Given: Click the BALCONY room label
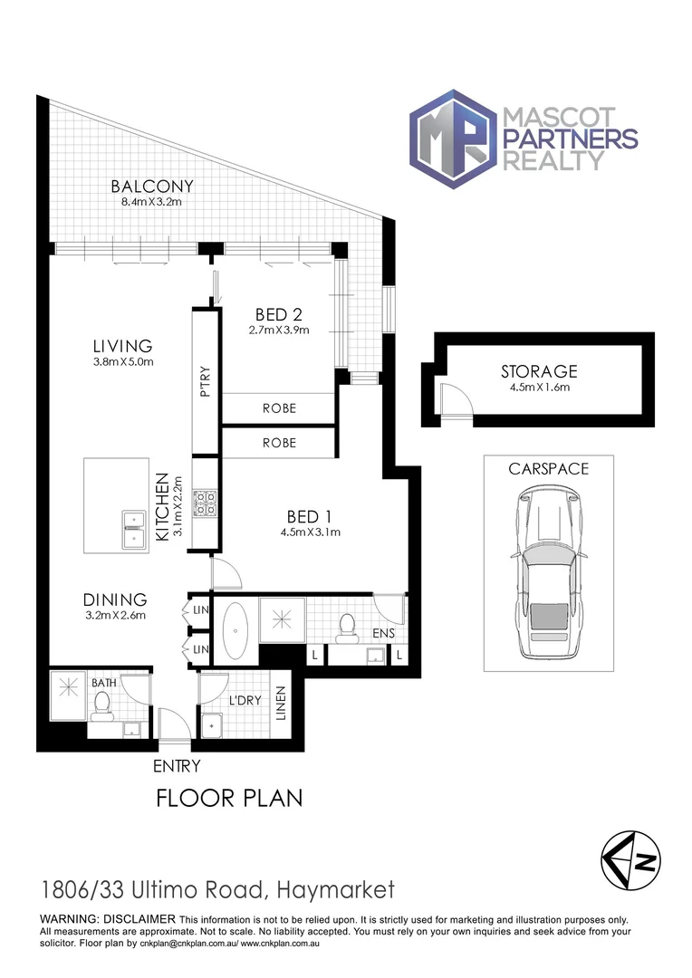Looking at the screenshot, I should (x=152, y=187).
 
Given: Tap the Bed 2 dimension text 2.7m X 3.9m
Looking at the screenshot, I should (x=278, y=330).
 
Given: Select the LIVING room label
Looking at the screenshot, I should (x=122, y=346).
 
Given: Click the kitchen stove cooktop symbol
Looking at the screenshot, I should (x=204, y=503).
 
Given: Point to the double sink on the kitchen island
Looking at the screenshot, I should (x=133, y=528).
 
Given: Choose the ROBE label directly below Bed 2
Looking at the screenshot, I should (x=279, y=408).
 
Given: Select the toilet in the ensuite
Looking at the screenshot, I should (x=345, y=627).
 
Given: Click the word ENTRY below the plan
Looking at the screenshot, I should (x=176, y=766).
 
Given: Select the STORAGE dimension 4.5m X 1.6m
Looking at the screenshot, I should (x=539, y=388).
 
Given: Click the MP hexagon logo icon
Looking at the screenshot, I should (x=452, y=138).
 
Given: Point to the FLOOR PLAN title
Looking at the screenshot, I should (x=228, y=798).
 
